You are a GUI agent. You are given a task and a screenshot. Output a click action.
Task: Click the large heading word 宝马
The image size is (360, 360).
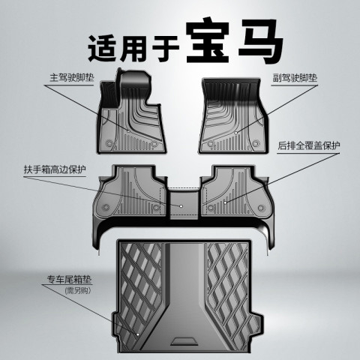pos(235,41)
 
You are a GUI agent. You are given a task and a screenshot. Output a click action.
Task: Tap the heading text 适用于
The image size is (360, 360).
pos(133,48)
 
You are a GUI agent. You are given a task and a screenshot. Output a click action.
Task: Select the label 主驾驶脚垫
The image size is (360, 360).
pos(72,77)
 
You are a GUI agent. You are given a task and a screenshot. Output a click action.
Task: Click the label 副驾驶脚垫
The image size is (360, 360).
pos(295,78)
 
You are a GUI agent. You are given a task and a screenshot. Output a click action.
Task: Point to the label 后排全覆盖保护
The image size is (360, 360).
pos(309,145)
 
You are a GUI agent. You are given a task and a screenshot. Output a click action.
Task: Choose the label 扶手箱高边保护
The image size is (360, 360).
pos(55,169)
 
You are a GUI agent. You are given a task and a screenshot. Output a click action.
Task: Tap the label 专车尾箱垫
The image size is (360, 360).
pos(70,279)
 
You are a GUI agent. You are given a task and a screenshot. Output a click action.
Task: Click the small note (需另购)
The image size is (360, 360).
pos(78,291)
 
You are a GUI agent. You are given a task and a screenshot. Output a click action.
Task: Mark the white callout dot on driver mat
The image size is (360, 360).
pos(128,130)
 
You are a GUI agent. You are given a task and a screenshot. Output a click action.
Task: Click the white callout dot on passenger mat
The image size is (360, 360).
pos(235,133)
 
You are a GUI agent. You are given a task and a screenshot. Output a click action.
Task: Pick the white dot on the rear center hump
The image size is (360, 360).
pos(181,206)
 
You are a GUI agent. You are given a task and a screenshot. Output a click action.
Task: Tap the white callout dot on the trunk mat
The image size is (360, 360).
pos(138,334)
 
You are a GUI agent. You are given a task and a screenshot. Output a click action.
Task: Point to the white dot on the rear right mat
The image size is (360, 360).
pos(225,202)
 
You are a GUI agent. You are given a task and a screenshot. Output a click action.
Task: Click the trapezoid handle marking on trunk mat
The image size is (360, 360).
pos(184,341)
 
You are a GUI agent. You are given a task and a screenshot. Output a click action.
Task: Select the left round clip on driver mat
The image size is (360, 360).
pos(109,143)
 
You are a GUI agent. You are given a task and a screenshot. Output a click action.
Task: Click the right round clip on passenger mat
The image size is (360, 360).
pos(255,143)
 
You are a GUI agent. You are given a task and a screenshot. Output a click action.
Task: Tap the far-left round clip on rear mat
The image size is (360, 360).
pos(106,207)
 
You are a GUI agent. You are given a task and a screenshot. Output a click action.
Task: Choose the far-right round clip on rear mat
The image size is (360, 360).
pos(261,208)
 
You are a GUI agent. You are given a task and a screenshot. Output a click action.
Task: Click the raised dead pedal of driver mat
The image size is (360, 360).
pos(109,94)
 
